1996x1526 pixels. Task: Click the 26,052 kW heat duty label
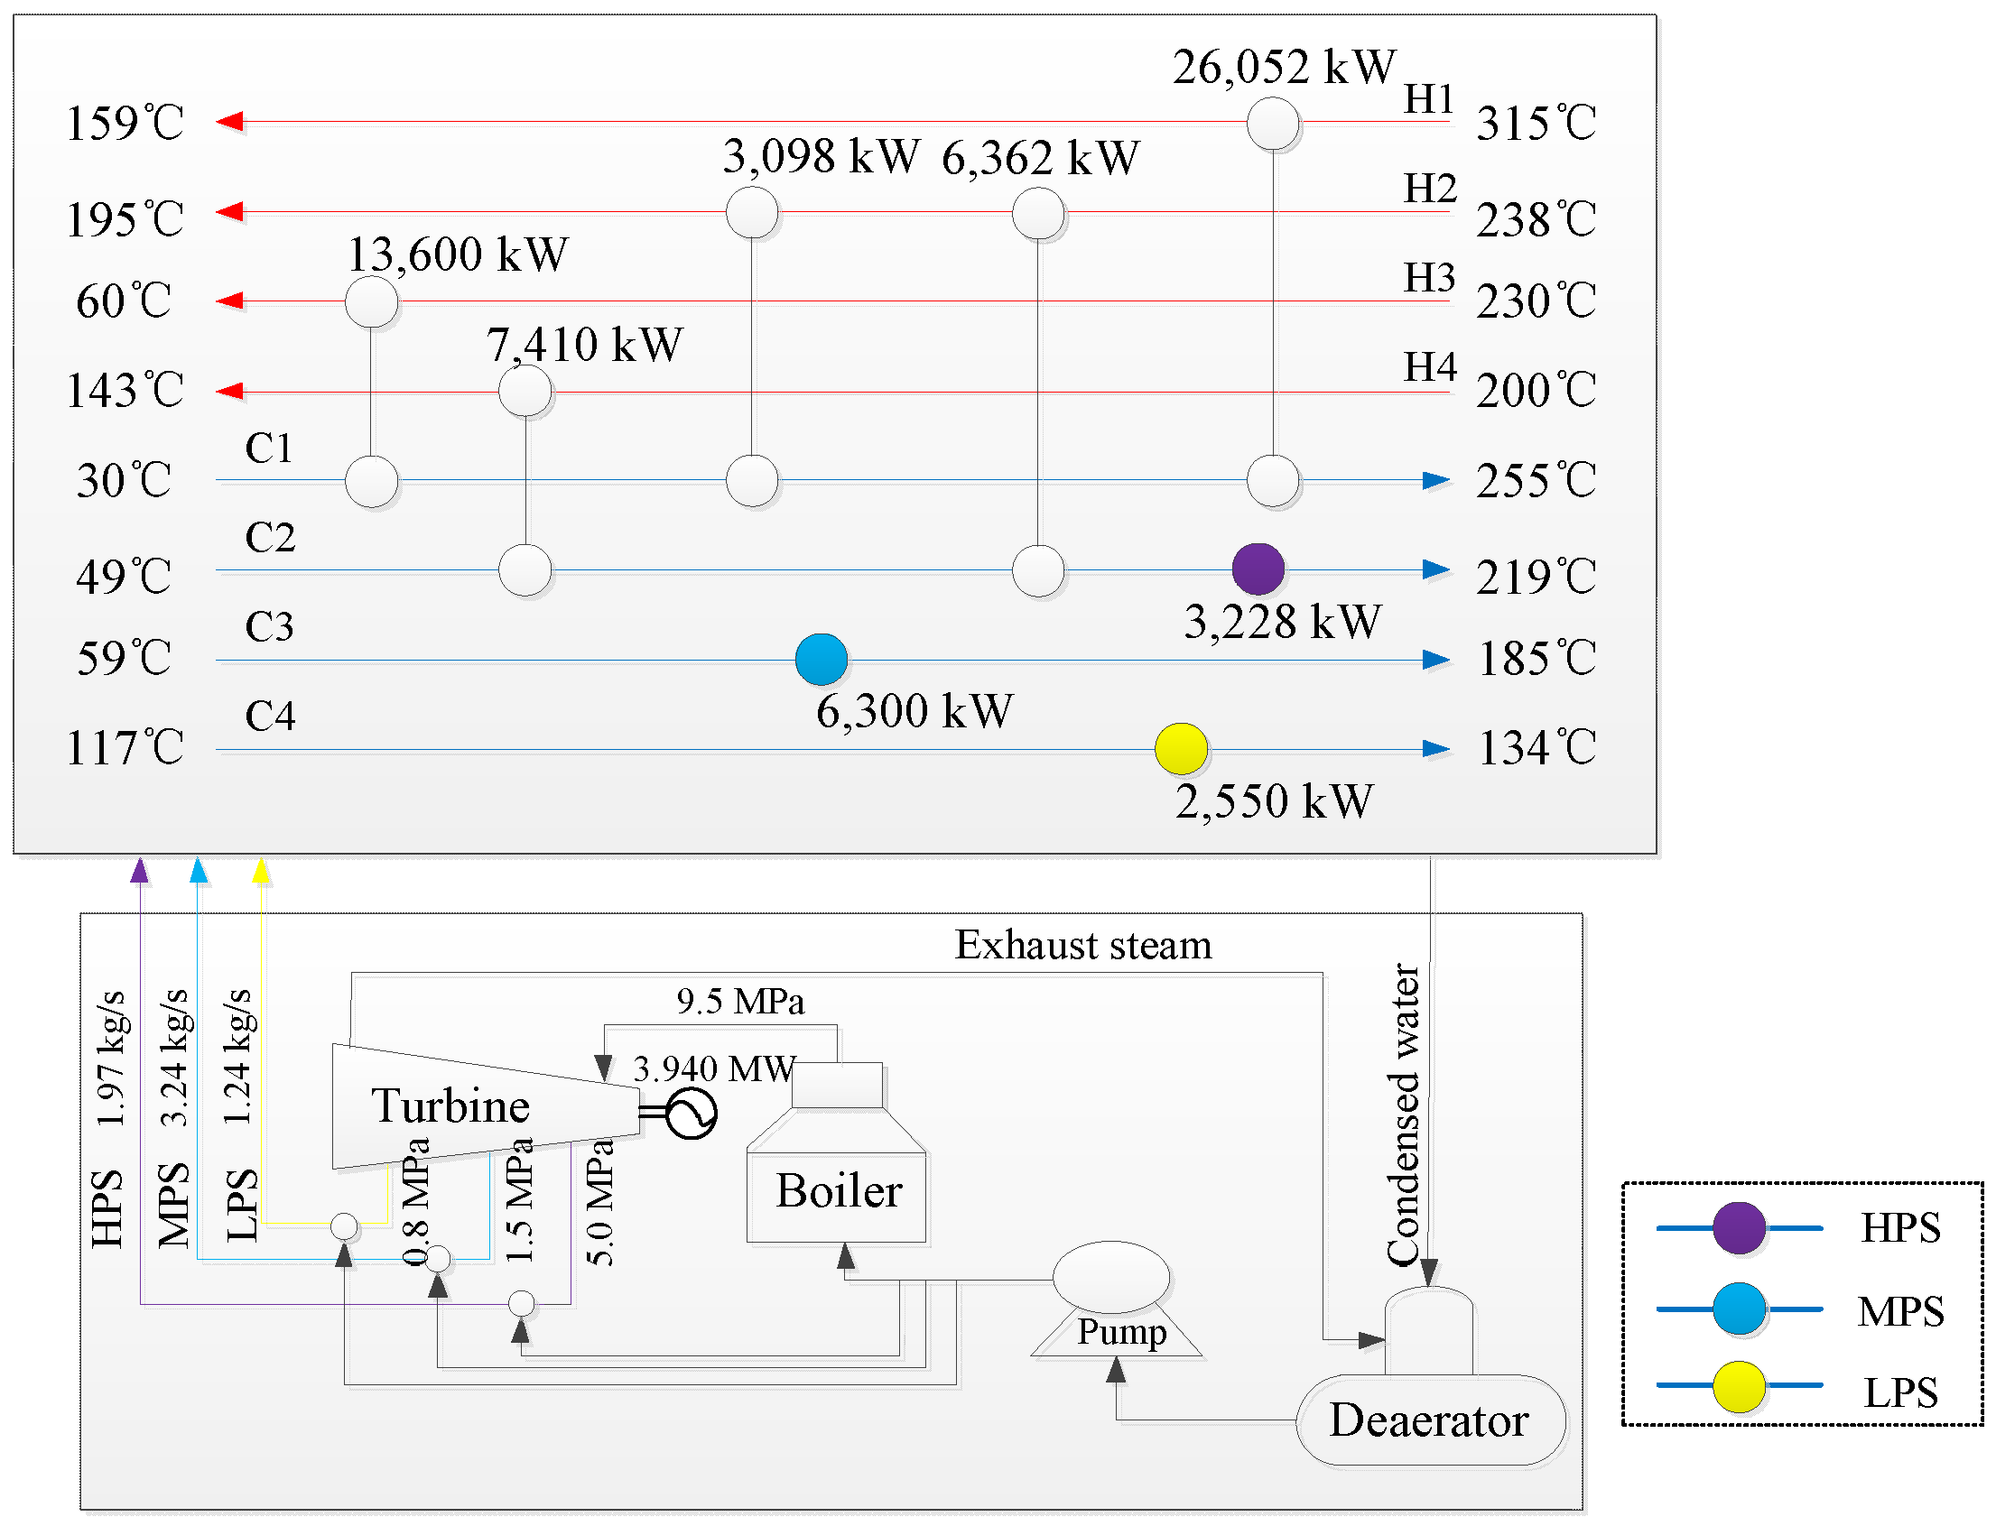1283,67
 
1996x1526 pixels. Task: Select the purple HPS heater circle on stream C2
1258,569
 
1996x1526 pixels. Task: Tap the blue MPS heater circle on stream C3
821,659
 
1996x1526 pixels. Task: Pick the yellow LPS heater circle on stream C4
1180,748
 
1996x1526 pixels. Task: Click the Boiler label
838,1191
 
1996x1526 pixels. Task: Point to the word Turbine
450,1106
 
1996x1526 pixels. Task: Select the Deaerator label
1428,1420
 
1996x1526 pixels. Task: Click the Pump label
1121,1333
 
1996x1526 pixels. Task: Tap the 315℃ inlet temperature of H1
1536,124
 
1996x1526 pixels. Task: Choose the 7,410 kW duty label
583,345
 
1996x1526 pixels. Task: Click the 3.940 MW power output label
714,1069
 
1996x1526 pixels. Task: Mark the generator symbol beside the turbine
691,1114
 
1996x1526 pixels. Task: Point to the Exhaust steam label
1083,946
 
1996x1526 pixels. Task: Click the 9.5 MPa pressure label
739,1002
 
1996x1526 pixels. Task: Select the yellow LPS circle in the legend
1738,1386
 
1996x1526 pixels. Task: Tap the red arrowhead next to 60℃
230,301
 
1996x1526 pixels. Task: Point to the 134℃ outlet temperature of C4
1536,748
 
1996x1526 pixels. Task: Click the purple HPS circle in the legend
1738,1227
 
